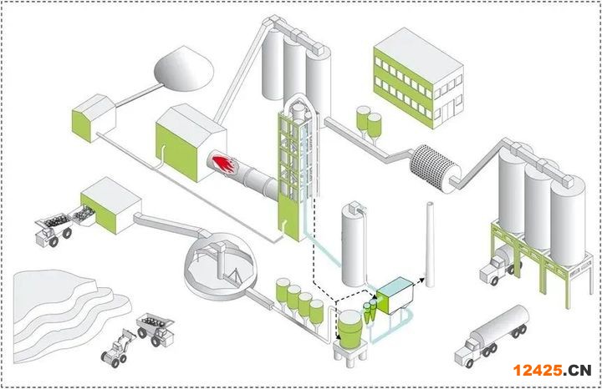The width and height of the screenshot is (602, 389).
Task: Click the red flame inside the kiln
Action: click(x=223, y=164)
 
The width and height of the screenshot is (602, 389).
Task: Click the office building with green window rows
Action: click(x=418, y=78)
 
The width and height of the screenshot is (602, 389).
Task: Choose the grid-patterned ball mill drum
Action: click(x=438, y=164)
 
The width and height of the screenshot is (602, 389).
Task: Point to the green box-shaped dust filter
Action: click(x=393, y=297)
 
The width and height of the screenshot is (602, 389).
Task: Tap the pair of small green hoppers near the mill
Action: click(x=368, y=122)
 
